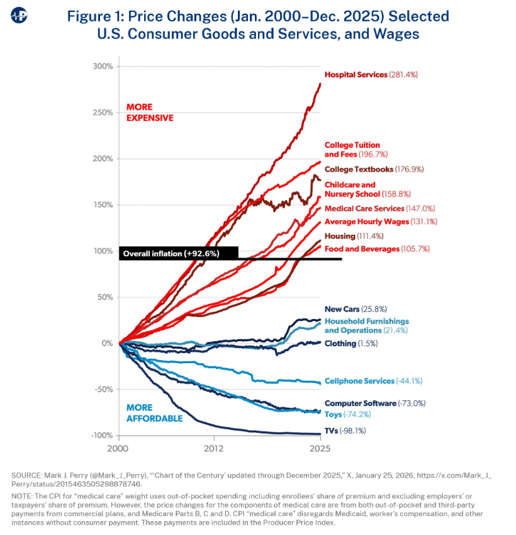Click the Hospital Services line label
tap(371, 75)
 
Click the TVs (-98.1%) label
tap(345, 431)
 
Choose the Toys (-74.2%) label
tap(351, 414)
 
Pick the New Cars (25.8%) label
tap(356, 309)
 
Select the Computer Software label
tap(369, 403)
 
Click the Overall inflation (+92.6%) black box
tap(178, 254)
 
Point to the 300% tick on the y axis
tap(103, 66)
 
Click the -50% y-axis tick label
tap(103, 390)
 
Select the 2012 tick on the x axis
tap(214, 448)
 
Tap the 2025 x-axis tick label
tap(320, 448)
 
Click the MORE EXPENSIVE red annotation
tap(150, 112)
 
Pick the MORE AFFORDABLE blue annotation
tap(154, 413)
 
